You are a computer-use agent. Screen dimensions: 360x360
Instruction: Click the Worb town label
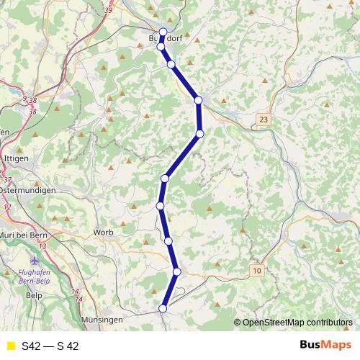103,233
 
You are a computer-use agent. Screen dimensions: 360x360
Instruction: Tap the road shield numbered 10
257,270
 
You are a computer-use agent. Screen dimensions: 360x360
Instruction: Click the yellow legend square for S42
10,346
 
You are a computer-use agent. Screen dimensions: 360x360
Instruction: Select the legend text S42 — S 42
50,346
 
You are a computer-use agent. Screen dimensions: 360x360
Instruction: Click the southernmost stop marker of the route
163,308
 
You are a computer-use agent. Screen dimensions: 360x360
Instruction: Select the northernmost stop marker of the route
163,32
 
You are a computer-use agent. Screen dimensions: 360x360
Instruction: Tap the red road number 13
42,247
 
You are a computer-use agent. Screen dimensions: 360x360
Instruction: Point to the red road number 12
8,207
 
